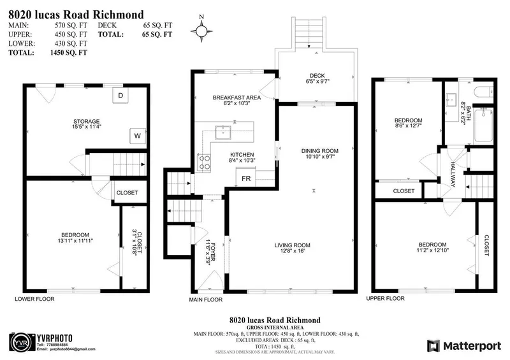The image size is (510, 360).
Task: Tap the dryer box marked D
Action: (121, 96)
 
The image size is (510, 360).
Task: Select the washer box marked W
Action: (137, 135)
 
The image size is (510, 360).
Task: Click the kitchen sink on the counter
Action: (223, 133)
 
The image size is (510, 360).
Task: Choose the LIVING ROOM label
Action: (293, 245)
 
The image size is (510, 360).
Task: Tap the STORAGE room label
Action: (87, 121)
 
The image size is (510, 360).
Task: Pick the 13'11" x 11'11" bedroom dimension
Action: (75, 241)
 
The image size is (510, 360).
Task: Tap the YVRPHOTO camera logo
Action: (20, 341)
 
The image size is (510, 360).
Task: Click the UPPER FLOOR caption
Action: (385, 298)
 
